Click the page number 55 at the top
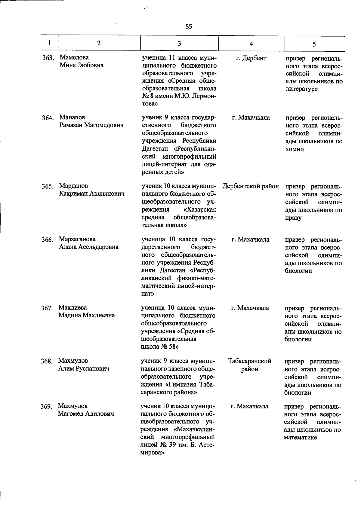click(x=189, y=26)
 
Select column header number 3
click(x=179, y=43)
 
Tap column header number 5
click(x=314, y=44)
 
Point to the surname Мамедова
click(x=74, y=57)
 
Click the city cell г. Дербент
click(x=251, y=58)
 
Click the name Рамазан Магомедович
click(x=91, y=125)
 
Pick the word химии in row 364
click(x=295, y=149)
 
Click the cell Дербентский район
click(x=251, y=186)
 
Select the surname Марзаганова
click(x=77, y=239)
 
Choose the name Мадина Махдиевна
click(x=87, y=315)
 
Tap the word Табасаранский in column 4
click(x=250, y=361)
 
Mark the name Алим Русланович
click(x=84, y=368)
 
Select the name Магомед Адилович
click(x=86, y=414)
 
